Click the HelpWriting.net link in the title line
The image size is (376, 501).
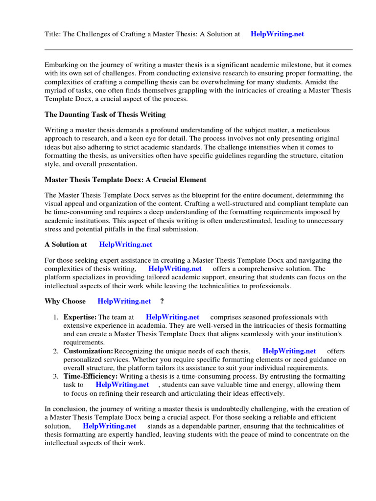(277, 34)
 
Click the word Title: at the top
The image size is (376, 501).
(53, 34)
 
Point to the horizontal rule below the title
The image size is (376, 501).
(198, 49)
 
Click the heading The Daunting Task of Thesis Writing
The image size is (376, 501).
(105, 114)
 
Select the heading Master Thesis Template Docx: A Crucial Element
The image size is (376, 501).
(125, 180)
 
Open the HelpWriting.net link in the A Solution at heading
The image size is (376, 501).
(125, 244)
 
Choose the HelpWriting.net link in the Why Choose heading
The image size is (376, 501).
(124, 301)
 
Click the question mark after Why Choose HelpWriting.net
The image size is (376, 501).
(162, 301)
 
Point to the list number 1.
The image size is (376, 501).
(56, 318)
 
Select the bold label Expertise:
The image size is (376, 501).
(80, 318)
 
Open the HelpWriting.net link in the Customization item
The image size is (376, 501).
(289, 351)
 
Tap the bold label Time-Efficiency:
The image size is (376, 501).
(91, 376)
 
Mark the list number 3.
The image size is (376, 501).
(56, 376)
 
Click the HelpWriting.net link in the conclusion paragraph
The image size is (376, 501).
(110, 426)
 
